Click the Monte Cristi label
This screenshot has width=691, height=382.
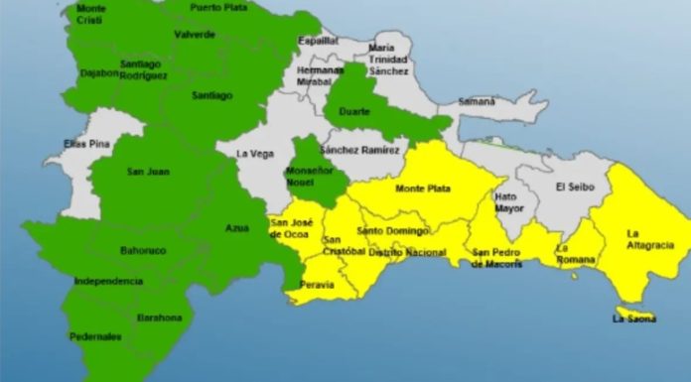[91, 13]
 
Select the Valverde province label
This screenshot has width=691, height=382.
[195, 34]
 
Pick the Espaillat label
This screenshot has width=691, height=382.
[318, 41]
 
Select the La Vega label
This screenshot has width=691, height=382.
[255, 154]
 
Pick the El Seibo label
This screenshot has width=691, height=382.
[574, 186]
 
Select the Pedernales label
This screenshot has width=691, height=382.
[95, 336]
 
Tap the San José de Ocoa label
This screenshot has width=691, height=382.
[292, 229]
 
